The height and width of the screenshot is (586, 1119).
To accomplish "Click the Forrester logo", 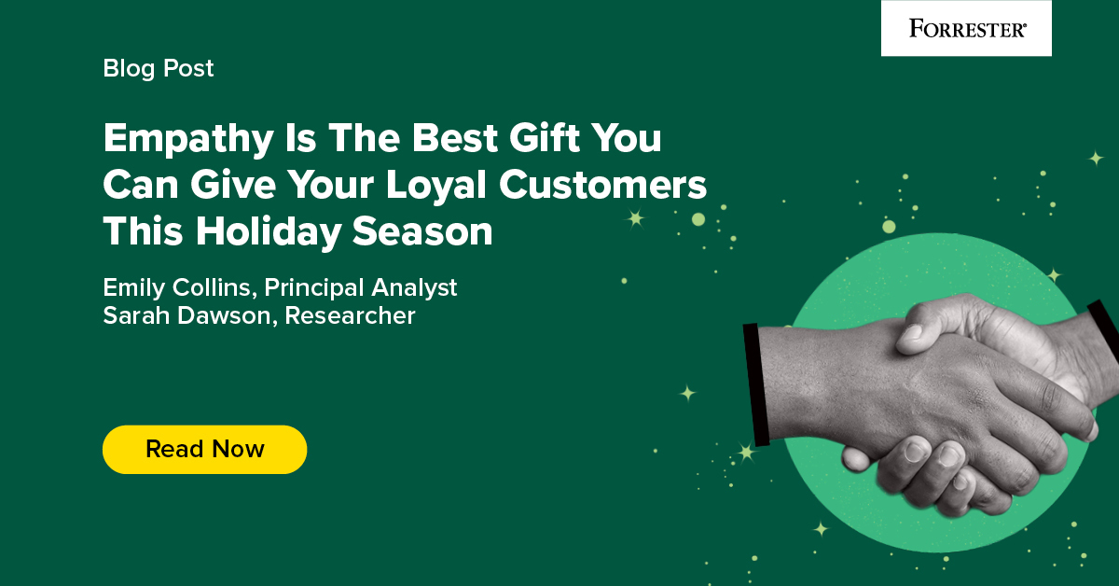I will pyautogui.click(x=966, y=29).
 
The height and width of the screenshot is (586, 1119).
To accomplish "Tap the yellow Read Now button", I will pyautogui.click(x=204, y=449).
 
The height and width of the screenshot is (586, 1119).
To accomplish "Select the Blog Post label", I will pyautogui.click(x=159, y=68).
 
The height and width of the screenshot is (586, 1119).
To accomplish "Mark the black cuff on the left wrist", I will pyautogui.click(x=756, y=383).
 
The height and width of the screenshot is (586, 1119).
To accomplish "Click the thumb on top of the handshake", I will pyautogui.click(x=932, y=327).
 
